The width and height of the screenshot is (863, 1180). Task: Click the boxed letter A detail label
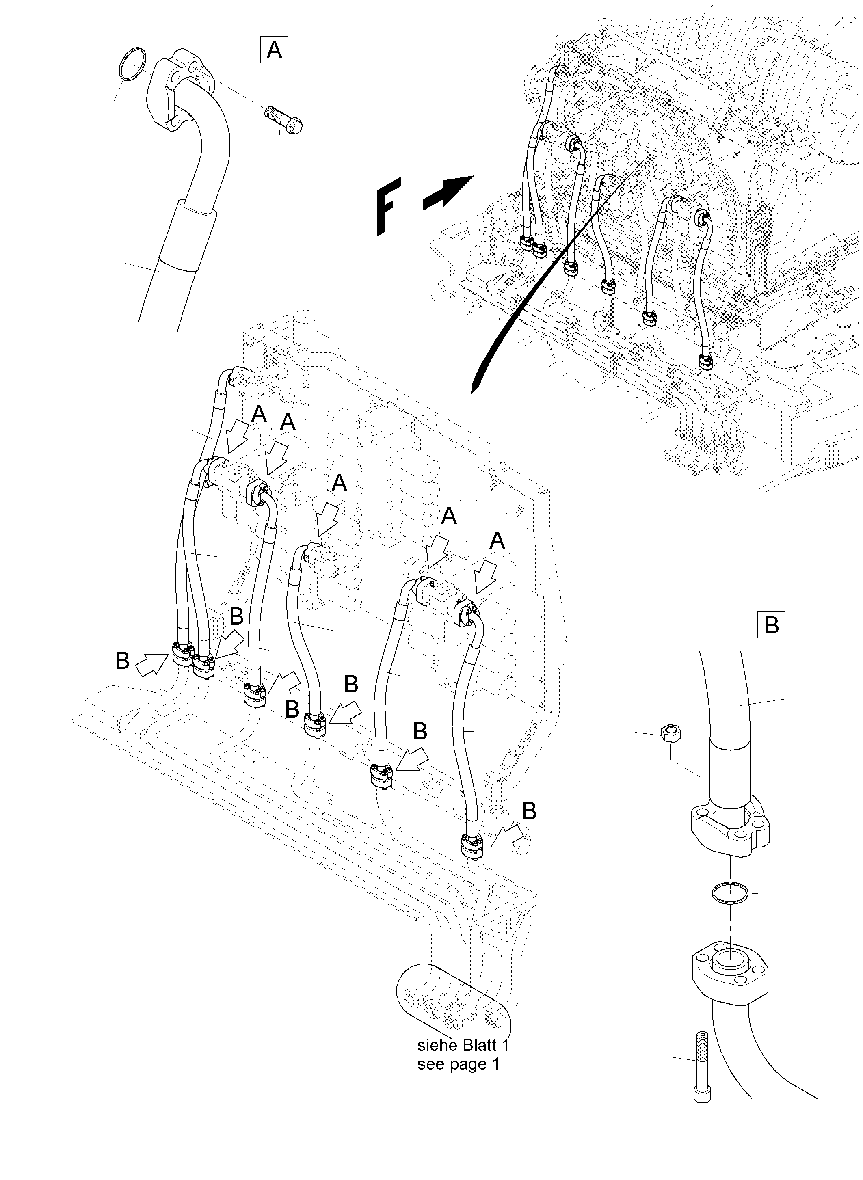pyautogui.click(x=274, y=51)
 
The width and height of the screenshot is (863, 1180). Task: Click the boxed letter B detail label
pyautogui.click(x=771, y=625)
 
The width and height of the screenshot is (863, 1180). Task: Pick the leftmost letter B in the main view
pyautogui.click(x=122, y=661)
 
